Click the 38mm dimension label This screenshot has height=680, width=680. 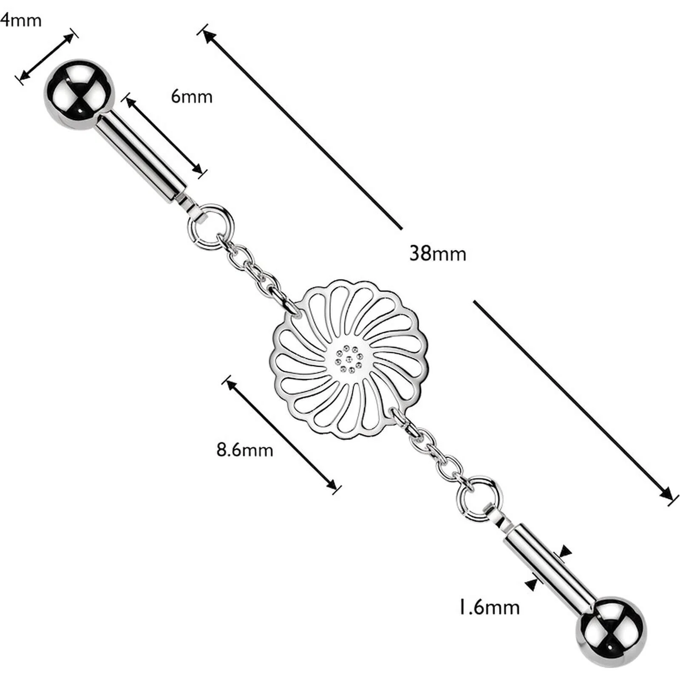pos(438,254)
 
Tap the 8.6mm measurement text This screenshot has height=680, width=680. pos(245,450)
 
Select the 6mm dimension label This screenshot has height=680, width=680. pos(192,96)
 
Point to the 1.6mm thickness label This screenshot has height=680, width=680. pos(489,607)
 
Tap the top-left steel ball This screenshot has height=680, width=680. pos(79,94)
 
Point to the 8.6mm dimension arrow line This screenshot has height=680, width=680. pos(281,435)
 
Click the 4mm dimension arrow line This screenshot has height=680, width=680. pos(47,56)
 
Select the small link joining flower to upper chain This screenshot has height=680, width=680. pos(292,309)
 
